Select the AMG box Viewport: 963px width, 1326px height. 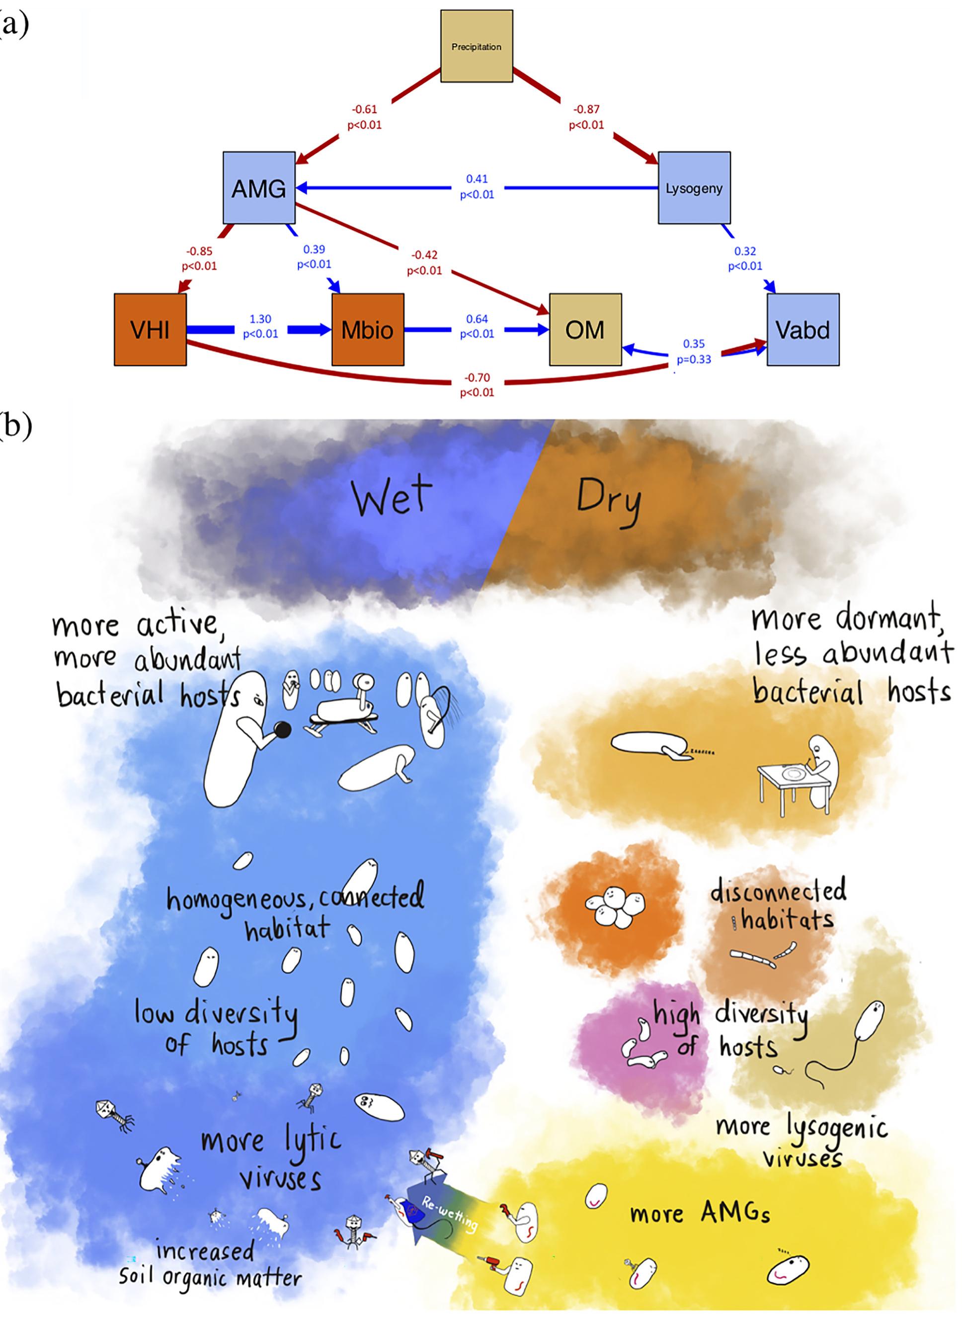259,188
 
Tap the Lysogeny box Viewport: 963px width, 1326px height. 694,188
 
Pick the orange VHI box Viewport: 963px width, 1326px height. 150,330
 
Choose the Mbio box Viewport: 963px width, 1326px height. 368,330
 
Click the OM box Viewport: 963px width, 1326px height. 585,330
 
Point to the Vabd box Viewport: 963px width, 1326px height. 803,330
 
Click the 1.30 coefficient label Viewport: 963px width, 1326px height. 260,319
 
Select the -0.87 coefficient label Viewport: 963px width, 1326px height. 586,109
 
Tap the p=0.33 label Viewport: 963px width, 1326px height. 694,359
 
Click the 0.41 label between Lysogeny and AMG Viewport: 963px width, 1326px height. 477,179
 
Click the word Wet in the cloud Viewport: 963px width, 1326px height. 392,497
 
